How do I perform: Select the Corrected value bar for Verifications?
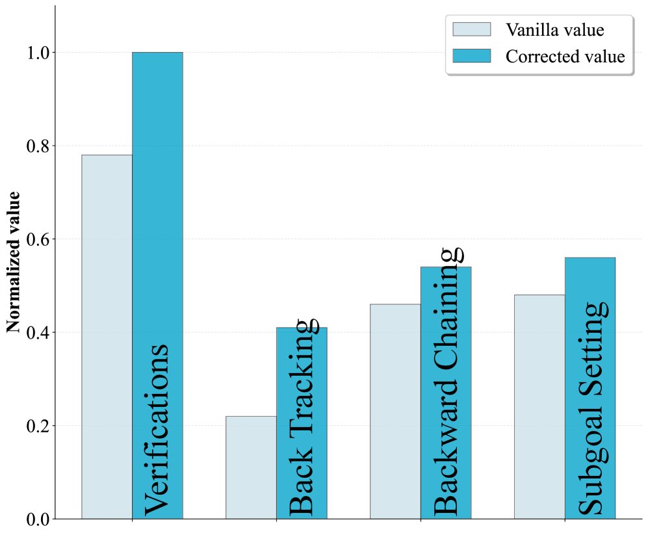[x=157, y=195]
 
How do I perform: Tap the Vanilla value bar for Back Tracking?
[x=251, y=467]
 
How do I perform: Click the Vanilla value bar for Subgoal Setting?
[x=539, y=407]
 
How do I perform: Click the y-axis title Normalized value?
[x=14, y=262]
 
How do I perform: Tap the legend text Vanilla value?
[x=555, y=30]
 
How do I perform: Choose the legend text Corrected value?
[x=565, y=56]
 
